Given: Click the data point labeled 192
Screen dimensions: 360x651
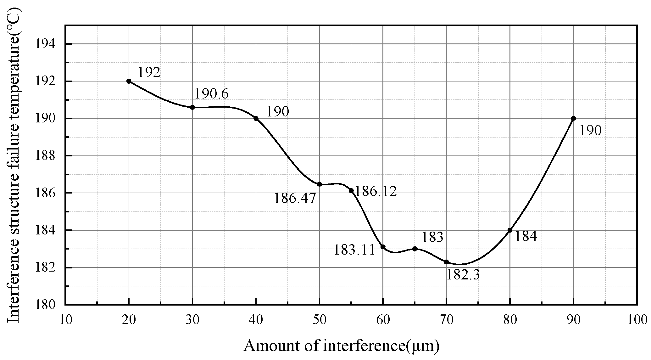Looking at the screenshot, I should (129, 81).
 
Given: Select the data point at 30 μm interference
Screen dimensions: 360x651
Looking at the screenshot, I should (192, 107).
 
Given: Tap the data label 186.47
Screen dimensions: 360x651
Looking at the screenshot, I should (295, 199).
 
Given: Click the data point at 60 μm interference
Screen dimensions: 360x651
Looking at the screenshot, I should (383, 247).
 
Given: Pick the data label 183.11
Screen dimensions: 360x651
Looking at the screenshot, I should (354, 250).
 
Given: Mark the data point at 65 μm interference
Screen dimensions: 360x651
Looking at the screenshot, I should (415, 249).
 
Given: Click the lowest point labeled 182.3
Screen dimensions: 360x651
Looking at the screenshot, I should (446, 262).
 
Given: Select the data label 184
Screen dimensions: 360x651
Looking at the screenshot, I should (526, 236).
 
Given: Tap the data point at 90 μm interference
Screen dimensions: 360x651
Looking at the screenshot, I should (573, 118).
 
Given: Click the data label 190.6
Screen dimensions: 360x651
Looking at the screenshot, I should (211, 94).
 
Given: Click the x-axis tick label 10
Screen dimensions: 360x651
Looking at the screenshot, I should (65, 320).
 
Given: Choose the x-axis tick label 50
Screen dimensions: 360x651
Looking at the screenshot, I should (320, 320).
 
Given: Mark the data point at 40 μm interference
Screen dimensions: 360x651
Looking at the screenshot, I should (256, 118).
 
